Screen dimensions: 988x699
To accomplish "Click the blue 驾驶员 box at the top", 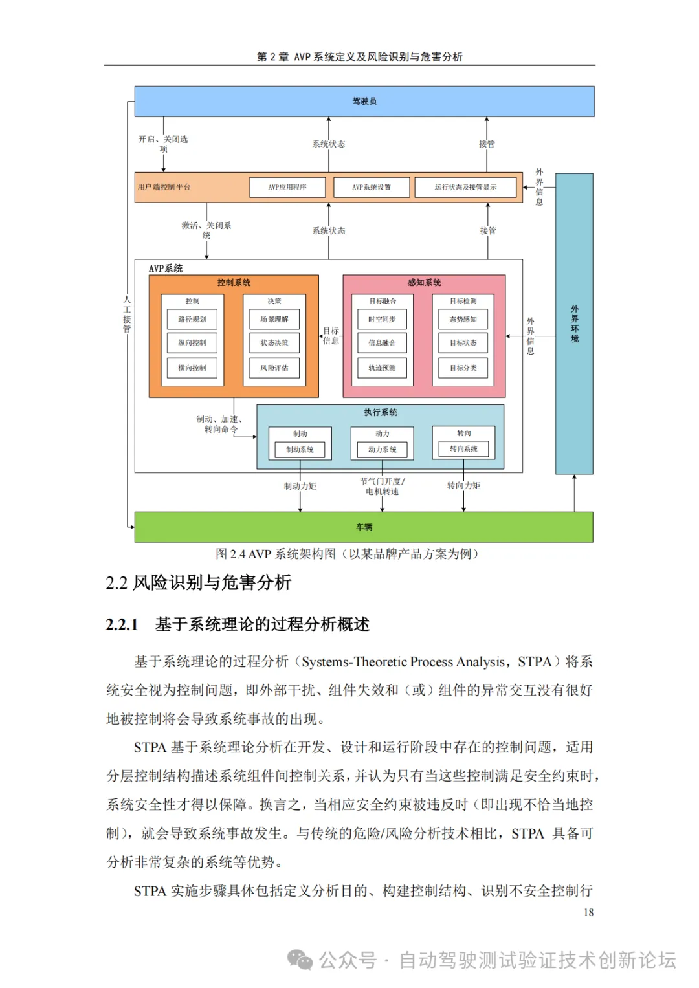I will click(364, 102).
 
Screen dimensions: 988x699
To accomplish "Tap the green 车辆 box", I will click(364, 527).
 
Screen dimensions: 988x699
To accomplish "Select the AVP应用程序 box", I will click(287, 187).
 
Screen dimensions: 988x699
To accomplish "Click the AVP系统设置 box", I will click(372, 187).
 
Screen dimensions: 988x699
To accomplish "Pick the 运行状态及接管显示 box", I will click(465, 187).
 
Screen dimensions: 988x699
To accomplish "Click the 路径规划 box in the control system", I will click(192, 319).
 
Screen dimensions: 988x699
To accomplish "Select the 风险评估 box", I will click(274, 368).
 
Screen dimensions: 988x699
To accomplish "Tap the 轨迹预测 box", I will click(382, 368).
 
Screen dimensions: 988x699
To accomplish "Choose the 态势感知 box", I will click(463, 319).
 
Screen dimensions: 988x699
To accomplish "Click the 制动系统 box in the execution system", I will click(300, 449).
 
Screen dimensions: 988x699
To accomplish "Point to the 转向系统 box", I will click(463, 448).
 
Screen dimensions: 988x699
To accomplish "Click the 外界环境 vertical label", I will click(575, 324).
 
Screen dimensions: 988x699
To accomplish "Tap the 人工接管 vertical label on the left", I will click(127, 314).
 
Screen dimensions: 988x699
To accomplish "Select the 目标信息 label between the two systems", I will click(331, 336).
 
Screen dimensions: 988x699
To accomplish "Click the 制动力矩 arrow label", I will click(300, 486).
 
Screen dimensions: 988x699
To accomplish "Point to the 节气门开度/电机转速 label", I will click(383, 487).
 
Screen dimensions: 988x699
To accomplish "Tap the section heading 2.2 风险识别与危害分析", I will click(199, 582).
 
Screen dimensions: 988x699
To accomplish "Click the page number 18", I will click(588, 912).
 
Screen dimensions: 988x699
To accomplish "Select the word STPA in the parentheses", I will click(535, 662).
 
